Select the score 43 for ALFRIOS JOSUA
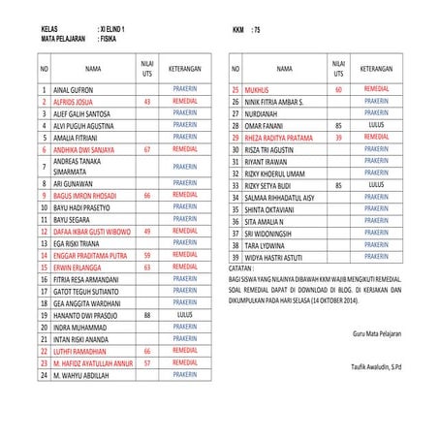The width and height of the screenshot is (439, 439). [146, 101]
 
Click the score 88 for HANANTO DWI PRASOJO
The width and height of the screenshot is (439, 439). [146, 315]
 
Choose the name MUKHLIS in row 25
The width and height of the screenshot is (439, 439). [257, 89]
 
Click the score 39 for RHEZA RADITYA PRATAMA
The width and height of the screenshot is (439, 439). [337, 138]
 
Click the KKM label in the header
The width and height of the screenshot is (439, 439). [238, 31]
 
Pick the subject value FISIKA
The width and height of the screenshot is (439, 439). [110, 42]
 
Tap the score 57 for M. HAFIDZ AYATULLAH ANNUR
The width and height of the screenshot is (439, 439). [146, 362]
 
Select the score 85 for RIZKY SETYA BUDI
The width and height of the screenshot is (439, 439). [337, 184]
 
